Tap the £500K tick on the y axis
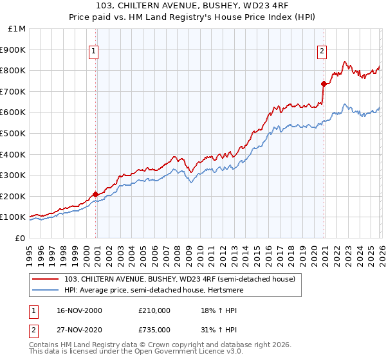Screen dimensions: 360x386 coord(13,133)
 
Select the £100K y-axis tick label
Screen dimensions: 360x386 coord(13,217)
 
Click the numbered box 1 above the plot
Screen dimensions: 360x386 coord(94,51)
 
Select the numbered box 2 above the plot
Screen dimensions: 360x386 coord(322,51)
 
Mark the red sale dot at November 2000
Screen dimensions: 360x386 coord(96,194)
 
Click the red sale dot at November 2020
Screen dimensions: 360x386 coord(324,84)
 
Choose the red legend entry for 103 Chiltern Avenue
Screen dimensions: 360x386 coord(179,279)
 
